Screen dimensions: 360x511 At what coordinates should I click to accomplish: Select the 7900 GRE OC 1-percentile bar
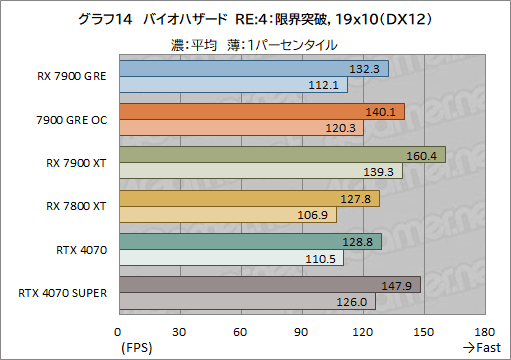tap(241, 128)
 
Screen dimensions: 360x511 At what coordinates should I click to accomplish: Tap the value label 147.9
tap(401, 285)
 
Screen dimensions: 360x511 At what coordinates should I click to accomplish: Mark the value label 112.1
tap(328, 85)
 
